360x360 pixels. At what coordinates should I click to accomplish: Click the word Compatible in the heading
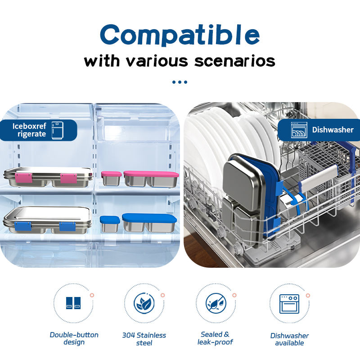tap(180, 35)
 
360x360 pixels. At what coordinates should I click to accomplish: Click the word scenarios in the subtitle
tap(234, 61)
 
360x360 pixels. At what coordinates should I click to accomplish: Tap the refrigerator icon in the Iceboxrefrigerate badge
tap(57, 130)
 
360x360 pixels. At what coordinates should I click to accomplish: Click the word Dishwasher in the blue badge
tap(333, 130)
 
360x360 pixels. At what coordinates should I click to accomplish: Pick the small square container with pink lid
tap(111, 178)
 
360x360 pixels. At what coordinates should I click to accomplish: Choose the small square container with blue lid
tap(110, 224)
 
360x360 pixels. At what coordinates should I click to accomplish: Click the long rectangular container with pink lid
tap(151, 178)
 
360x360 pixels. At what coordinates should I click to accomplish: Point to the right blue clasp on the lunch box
tap(67, 226)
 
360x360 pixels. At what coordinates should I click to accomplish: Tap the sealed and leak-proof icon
tap(215, 303)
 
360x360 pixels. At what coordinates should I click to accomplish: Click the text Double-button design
tap(74, 338)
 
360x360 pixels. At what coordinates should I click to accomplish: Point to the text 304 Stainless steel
tap(144, 339)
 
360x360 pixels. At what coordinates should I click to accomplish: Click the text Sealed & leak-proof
tap(215, 338)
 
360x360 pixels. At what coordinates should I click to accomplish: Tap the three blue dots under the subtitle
tap(180, 82)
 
